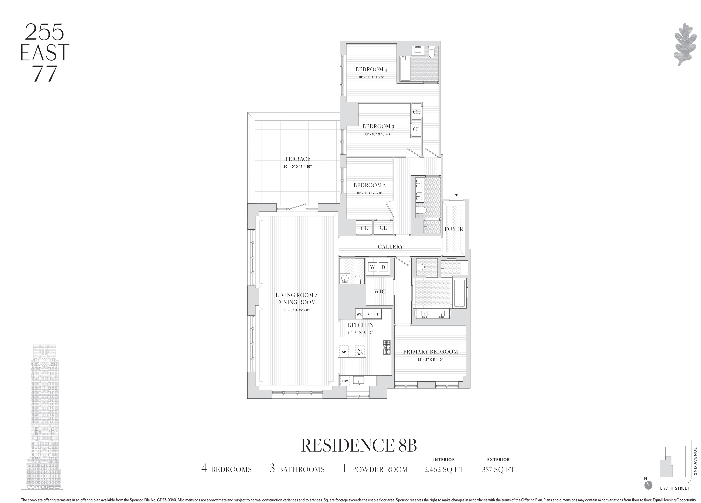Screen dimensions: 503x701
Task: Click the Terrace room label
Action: pos(297,159)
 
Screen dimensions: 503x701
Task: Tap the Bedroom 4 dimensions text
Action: pos(371,77)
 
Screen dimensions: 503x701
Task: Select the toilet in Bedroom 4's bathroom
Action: pos(432,52)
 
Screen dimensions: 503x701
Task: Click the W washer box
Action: pos(373,267)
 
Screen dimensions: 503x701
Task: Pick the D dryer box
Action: pos(383,267)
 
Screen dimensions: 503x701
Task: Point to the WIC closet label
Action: pos(380,291)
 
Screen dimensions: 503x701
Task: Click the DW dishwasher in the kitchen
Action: pos(345,381)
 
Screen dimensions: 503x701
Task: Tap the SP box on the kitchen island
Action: pos(344,352)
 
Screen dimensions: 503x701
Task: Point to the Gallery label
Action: pos(390,247)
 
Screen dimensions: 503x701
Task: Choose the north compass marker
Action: pos(648,493)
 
